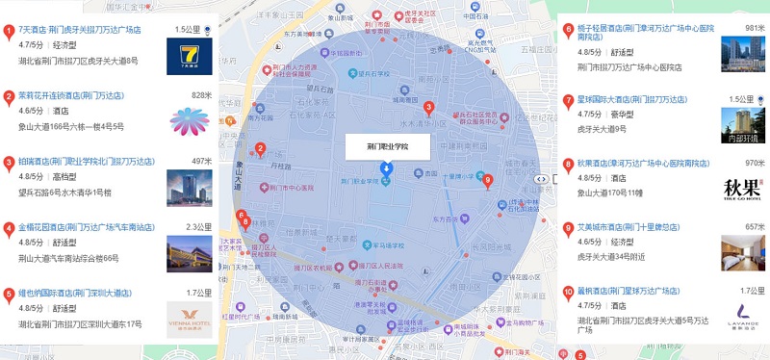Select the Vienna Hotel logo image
[x=189, y=317]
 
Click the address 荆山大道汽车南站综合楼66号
[x=68, y=258]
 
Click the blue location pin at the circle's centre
[x=387, y=169]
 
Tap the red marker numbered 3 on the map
[x=428, y=107]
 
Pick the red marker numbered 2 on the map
[x=260, y=149]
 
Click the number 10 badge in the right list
[x=568, y=291]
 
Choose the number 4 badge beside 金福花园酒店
[x=9, y=228]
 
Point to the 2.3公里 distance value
[x=197, y=227]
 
